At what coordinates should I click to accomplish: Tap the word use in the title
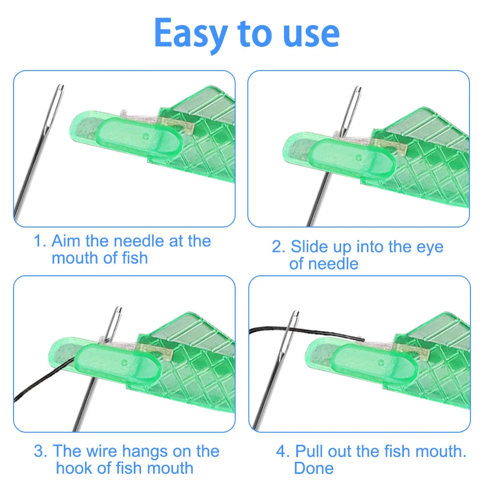(x=311, y=34)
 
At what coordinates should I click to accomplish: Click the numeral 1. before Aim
(x=40, y=241)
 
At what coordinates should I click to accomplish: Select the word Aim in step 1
(x=65, y=241)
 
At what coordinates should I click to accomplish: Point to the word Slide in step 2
(x=309, y=247)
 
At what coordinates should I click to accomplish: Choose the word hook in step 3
(x=75, y=468)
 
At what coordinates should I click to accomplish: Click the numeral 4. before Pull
(x=283, y=451)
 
